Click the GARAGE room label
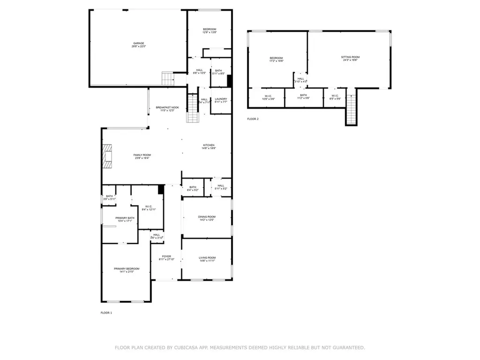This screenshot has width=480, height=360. pos(138,43)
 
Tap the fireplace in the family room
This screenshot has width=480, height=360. pos(108,156)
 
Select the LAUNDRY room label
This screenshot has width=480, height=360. pos(221,98)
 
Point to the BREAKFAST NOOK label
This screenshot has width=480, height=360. pos(167,107)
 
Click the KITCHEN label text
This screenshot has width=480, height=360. pos(209,145)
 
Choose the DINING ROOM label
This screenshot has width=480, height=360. pos(207,217)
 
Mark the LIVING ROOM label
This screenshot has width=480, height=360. pos(207,257)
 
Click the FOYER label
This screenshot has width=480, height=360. pos(167,256)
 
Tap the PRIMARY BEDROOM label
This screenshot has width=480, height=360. pos(127,269)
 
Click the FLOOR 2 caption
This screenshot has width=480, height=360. pos(253,119)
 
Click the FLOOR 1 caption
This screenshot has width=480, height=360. pos(106,313)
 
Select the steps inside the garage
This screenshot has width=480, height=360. pos(168,78)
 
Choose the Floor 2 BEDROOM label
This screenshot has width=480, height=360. pos(276,58)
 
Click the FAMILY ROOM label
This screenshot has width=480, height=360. pos(142,155)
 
